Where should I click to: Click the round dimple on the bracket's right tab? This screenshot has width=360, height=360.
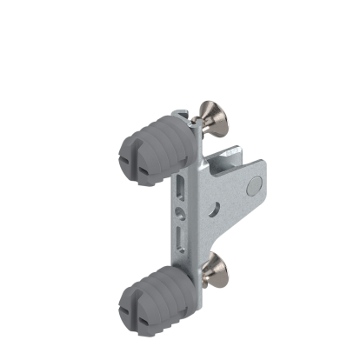click(253, 185)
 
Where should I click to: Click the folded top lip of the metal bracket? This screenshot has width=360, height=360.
click(180, 114)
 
